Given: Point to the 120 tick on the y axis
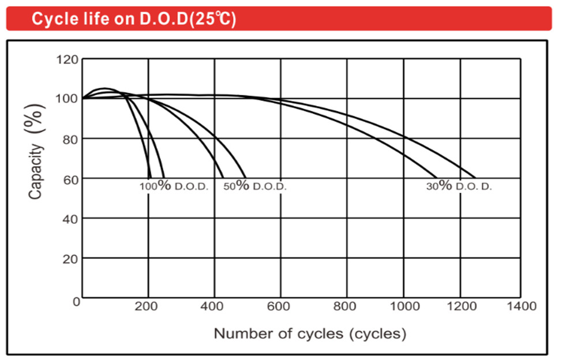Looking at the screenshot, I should point(67,59).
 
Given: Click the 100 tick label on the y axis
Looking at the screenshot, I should point(67,99).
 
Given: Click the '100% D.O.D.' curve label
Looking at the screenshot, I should point(174,187).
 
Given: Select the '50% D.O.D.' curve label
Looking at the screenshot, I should point(254,187).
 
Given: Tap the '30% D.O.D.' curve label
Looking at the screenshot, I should point(459,187).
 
